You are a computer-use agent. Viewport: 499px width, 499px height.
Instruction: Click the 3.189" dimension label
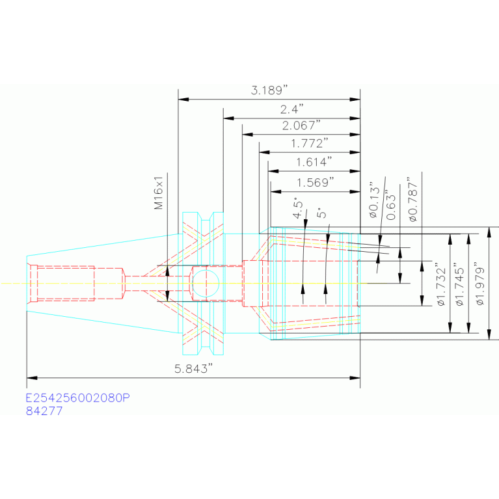[269, 90]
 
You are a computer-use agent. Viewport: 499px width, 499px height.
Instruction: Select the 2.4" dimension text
[292, 109]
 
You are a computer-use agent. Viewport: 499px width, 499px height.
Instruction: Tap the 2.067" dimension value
[301, 126]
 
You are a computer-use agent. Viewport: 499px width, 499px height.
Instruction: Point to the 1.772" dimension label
[309, 144]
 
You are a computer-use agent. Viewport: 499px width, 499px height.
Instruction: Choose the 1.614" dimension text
[314, 162]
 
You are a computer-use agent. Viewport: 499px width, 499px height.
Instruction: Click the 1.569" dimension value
[316, 183]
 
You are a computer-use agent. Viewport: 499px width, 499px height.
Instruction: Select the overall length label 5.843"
[193, 368]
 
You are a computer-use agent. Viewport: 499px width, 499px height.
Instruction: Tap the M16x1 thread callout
[159, 193]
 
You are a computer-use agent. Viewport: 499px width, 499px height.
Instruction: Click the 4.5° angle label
[298, 209]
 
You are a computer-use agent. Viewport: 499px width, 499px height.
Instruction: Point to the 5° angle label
[321, 213]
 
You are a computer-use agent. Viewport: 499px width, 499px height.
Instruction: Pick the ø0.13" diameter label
[375, 200]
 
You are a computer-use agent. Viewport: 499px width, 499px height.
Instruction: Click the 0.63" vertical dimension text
[391, 206]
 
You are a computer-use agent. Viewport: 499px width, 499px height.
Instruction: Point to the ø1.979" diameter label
[480, 284]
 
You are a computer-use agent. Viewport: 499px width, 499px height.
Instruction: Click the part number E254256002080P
[77, 398]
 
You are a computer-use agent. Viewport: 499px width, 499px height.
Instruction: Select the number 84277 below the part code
[44, 411]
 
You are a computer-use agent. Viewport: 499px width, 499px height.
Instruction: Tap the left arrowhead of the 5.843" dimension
[32, 378]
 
